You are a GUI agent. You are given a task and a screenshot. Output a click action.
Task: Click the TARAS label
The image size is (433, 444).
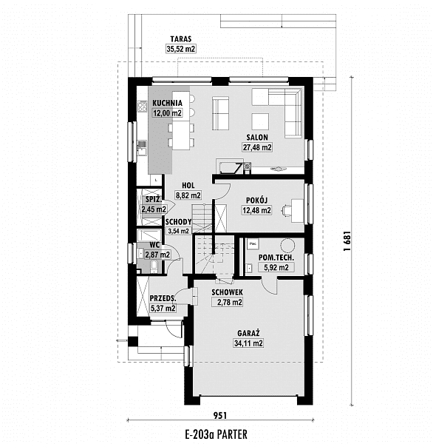pos(181,38)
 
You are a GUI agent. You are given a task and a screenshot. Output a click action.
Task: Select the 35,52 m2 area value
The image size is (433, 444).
pos(181,49)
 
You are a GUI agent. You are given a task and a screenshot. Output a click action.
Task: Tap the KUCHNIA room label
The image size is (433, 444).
pos(168,103)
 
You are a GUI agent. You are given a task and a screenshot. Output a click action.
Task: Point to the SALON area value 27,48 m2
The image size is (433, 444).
pos(257,147)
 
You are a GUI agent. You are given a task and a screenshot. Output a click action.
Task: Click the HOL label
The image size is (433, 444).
pos(188,186)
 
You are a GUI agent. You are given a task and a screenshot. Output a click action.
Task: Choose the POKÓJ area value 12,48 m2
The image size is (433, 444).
pos(256,210)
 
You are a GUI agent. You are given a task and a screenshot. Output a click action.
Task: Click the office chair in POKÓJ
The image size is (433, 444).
pos(287,210)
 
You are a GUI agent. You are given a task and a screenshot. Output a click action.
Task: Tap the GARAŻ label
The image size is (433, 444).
pos(248,333)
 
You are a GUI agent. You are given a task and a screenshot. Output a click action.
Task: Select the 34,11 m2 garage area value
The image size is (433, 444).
pos(248,343)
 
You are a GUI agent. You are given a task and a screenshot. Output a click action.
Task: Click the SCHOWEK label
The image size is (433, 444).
pos(227,292)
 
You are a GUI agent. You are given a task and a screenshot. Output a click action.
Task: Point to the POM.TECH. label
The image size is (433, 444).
pos(276,258)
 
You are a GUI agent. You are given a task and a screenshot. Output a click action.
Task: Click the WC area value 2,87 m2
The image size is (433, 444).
pos(157,255)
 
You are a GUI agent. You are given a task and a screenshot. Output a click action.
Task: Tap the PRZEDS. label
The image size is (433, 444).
pos(163,298)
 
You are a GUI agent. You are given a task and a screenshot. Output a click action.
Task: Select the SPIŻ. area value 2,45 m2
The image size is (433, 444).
pos(154,209)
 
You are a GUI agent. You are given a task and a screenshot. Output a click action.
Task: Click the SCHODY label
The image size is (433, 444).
pos(179,222)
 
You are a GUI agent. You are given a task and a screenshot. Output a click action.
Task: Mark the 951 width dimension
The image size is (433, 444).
pos(220,415)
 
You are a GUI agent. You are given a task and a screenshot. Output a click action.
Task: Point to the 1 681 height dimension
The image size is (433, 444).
pos(347,241)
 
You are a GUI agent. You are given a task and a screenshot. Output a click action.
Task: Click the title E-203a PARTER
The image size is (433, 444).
pos(216,434)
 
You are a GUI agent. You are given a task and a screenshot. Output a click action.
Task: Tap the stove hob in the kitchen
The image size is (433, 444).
pos(142,107)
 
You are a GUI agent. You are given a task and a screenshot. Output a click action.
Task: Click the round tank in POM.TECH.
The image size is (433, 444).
pos(287,245)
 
